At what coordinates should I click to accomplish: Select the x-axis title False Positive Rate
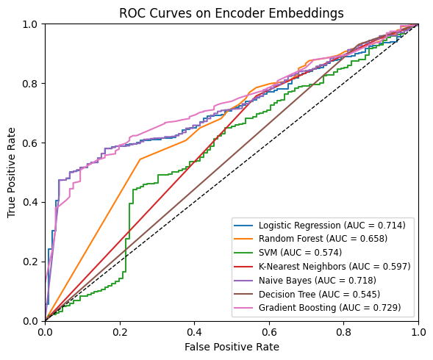point(232,346)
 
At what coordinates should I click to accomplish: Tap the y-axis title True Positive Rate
point(11,172)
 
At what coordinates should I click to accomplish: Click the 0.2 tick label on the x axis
point(120,331)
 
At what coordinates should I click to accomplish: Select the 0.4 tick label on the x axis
point(195,331)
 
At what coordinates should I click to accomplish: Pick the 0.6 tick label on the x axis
point(269,331)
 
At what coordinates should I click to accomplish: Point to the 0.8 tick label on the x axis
point(344,331)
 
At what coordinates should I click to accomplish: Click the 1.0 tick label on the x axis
point(418,331)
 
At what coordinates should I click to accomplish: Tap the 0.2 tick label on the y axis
point(31,262)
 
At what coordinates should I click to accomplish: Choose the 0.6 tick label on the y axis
point(31,143)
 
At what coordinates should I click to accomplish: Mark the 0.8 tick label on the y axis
point(31,83)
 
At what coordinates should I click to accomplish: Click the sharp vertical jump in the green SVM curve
point(129,220)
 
